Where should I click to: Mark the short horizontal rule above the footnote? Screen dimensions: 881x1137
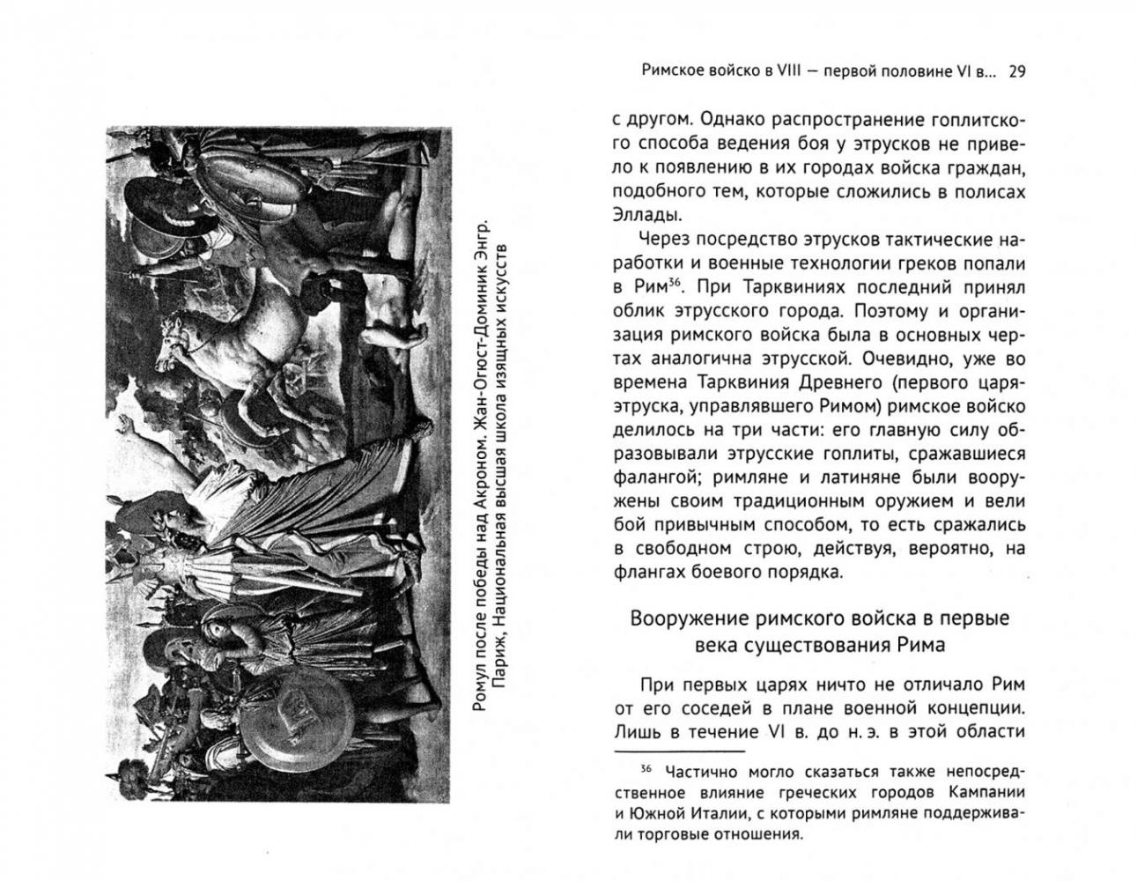pyautogui.click(x=679, y=752)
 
